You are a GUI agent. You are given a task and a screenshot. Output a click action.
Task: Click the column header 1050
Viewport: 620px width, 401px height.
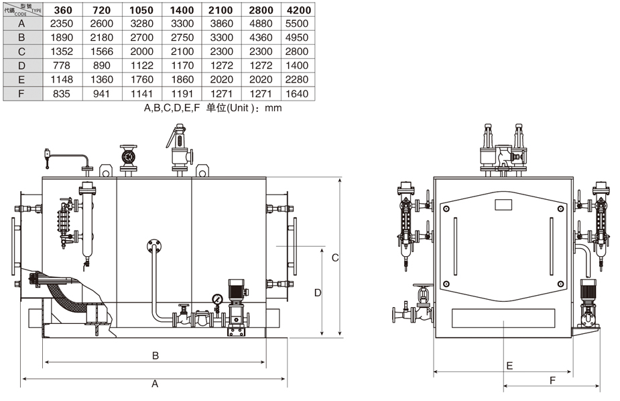(x=142, y=9)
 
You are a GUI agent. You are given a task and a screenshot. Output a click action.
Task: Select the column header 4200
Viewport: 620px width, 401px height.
(x=297, y=9)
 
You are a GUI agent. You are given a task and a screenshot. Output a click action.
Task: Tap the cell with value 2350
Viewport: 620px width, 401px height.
(x=64, y=23)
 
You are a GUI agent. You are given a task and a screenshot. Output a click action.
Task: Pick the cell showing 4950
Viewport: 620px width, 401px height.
(x=297, y=38)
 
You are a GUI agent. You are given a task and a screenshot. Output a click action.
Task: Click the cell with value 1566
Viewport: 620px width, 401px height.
(x=103, y=52)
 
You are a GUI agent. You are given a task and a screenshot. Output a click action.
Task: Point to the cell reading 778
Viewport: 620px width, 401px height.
(x=64, y=66)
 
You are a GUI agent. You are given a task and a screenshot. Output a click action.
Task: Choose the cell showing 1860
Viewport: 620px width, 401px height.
(x=182, y=80)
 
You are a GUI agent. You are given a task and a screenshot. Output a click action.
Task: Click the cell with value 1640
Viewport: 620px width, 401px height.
(x=297, y=94)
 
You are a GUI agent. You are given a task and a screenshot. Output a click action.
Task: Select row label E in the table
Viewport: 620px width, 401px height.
(x=21, y=80)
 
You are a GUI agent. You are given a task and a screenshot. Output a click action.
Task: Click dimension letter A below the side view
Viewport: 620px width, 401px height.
(x=155, y=384)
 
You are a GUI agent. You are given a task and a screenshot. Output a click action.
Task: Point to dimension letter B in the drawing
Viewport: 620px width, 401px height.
(x=155, y=355)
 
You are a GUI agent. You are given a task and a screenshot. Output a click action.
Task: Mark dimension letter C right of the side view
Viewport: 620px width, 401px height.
(x=336, y=257)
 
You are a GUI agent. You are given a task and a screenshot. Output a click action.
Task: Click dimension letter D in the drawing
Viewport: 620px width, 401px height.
(x=318, y=292)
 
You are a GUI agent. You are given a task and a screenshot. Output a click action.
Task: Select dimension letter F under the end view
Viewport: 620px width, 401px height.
(x=552, y=380)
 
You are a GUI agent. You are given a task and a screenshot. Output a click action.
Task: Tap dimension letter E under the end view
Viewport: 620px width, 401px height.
(x=509, y=365)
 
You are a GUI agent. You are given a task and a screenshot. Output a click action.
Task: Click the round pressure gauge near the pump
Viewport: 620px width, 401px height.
(x=217, y=299)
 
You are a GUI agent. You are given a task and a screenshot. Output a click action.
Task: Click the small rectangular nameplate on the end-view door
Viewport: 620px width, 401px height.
(x=503, y=205)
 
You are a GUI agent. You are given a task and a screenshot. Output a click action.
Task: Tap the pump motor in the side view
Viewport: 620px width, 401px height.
(x=237, y=290)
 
